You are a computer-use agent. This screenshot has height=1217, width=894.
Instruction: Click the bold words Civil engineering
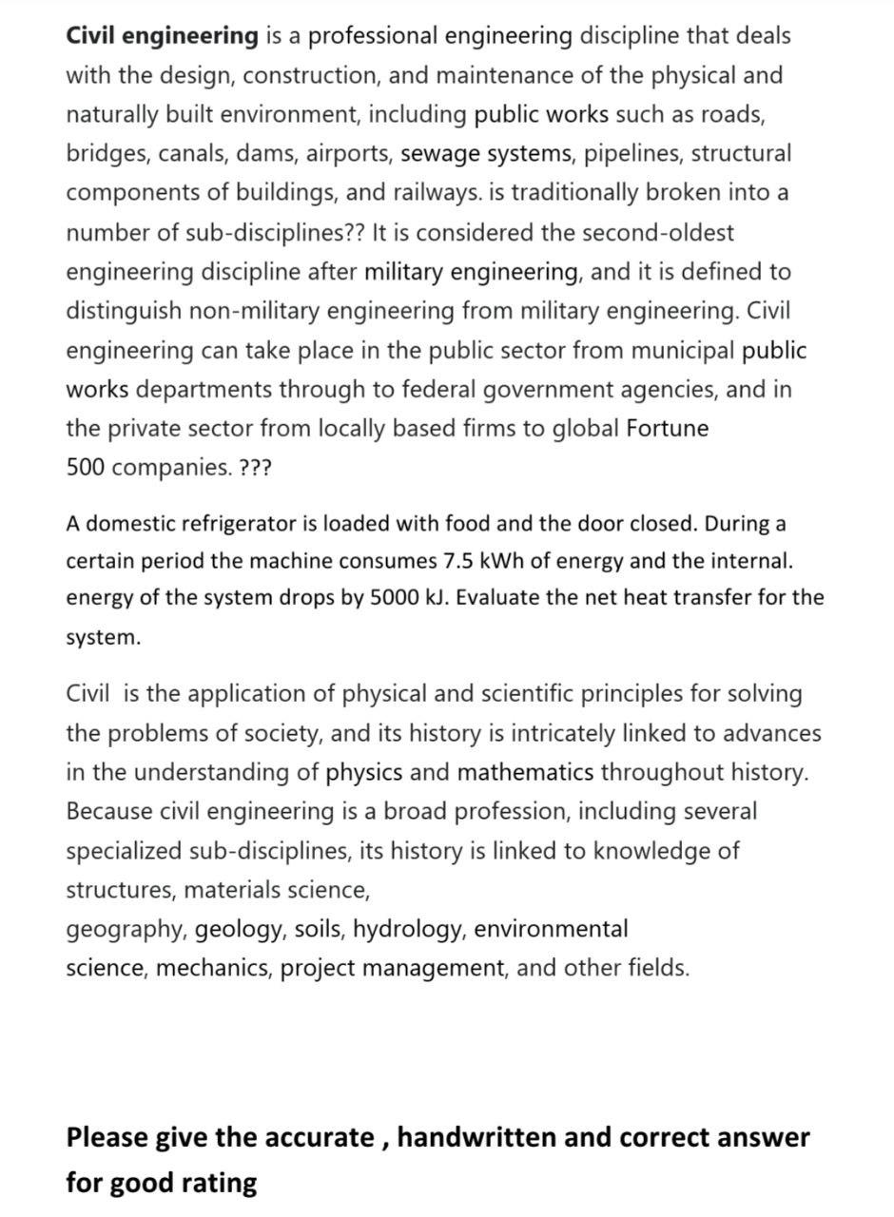[162, 36]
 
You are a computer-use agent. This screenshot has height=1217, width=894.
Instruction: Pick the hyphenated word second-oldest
[657, 233]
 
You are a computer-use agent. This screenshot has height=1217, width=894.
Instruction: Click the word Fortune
[667, 429]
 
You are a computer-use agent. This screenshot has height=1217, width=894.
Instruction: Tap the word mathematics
[525, 772]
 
